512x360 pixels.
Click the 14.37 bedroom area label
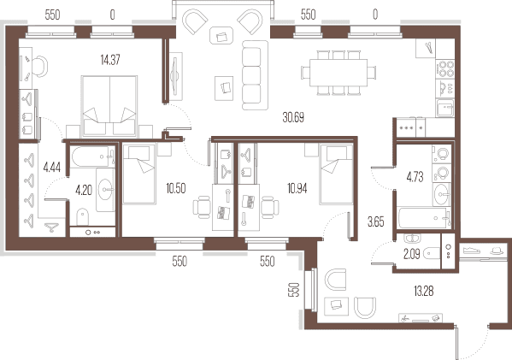point(110,60)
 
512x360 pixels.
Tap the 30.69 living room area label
point(293,117)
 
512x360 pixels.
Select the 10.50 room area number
point(176,188)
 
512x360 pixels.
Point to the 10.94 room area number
point(297,188)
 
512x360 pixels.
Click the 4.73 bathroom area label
point(415,177)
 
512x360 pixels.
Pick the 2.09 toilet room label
point(411,254)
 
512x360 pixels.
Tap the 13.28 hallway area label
point(423,291)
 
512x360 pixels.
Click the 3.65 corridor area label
point(376,222)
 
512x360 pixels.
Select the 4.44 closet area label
point(52,168)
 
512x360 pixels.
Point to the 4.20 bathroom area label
point(84,190)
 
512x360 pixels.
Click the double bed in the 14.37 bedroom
point(109,106)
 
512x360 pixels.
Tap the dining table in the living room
point(338,73)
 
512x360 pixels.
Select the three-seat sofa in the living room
point(255,75)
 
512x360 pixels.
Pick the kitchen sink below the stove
point(445,108)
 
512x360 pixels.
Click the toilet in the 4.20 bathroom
point(83,216)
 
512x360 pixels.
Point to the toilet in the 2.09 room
point(432,253)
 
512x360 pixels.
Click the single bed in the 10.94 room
point(336,174)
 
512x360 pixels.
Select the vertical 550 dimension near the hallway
point(294,289)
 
